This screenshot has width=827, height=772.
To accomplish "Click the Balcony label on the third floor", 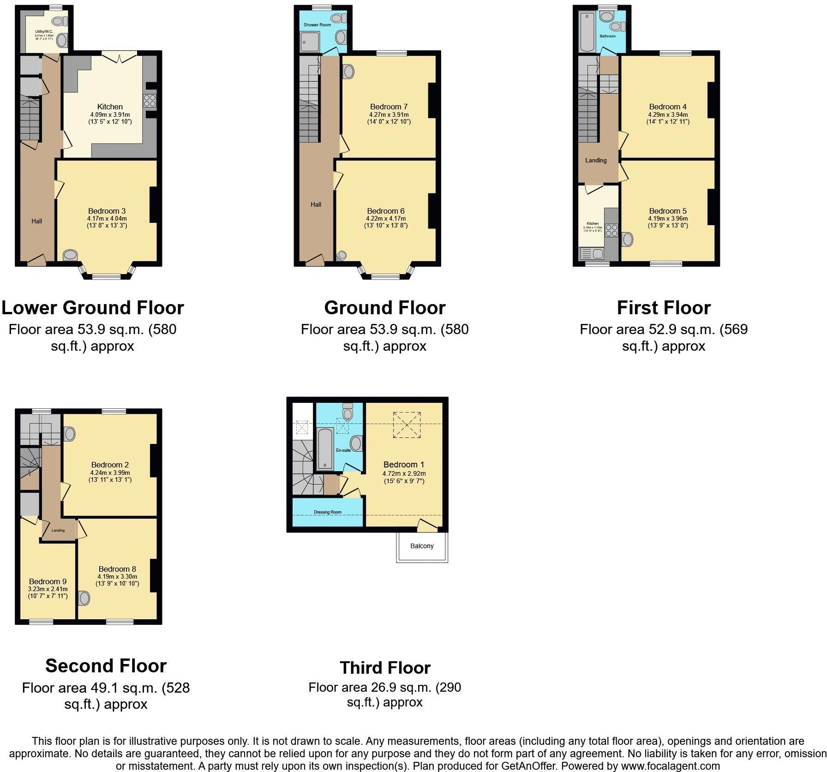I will [422, 546].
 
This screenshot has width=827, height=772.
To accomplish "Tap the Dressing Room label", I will [328, 512].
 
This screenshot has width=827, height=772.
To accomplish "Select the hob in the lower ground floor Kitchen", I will [150, 101].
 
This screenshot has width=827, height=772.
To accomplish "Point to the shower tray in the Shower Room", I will [310, 41].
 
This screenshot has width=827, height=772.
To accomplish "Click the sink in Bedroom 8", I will [84, 598].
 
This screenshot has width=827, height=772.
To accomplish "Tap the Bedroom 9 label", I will [48, 581].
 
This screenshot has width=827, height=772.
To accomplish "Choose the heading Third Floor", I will [385, 668].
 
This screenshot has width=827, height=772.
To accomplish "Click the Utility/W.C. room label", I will [44, 32].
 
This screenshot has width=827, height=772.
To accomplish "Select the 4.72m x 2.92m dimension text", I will [404, 473].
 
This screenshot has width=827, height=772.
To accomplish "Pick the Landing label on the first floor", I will [596, 161].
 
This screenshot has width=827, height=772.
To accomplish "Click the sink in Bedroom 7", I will [349, 72].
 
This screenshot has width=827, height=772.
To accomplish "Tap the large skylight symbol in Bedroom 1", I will [407, 425].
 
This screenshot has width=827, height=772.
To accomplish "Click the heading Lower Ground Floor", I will [93, 308].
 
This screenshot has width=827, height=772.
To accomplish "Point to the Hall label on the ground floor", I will [316, 204].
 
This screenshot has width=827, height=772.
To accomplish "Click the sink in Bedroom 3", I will [70, 255].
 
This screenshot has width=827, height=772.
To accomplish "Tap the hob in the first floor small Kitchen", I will [611, 230].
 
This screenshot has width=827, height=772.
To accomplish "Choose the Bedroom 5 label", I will [668, 211].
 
